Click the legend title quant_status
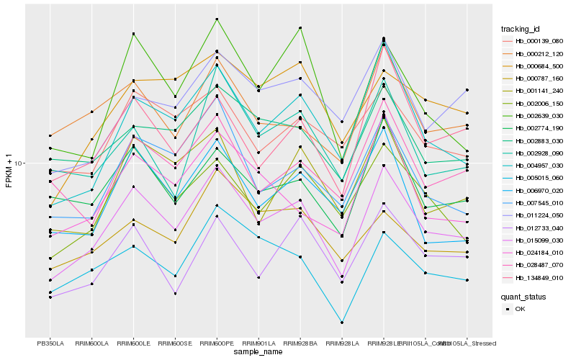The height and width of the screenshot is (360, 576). click(524, 296)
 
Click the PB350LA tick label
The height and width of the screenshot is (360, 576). click(50, 343)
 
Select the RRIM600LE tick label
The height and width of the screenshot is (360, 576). click(133, 343)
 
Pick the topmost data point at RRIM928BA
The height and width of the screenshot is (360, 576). click(300, 27)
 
